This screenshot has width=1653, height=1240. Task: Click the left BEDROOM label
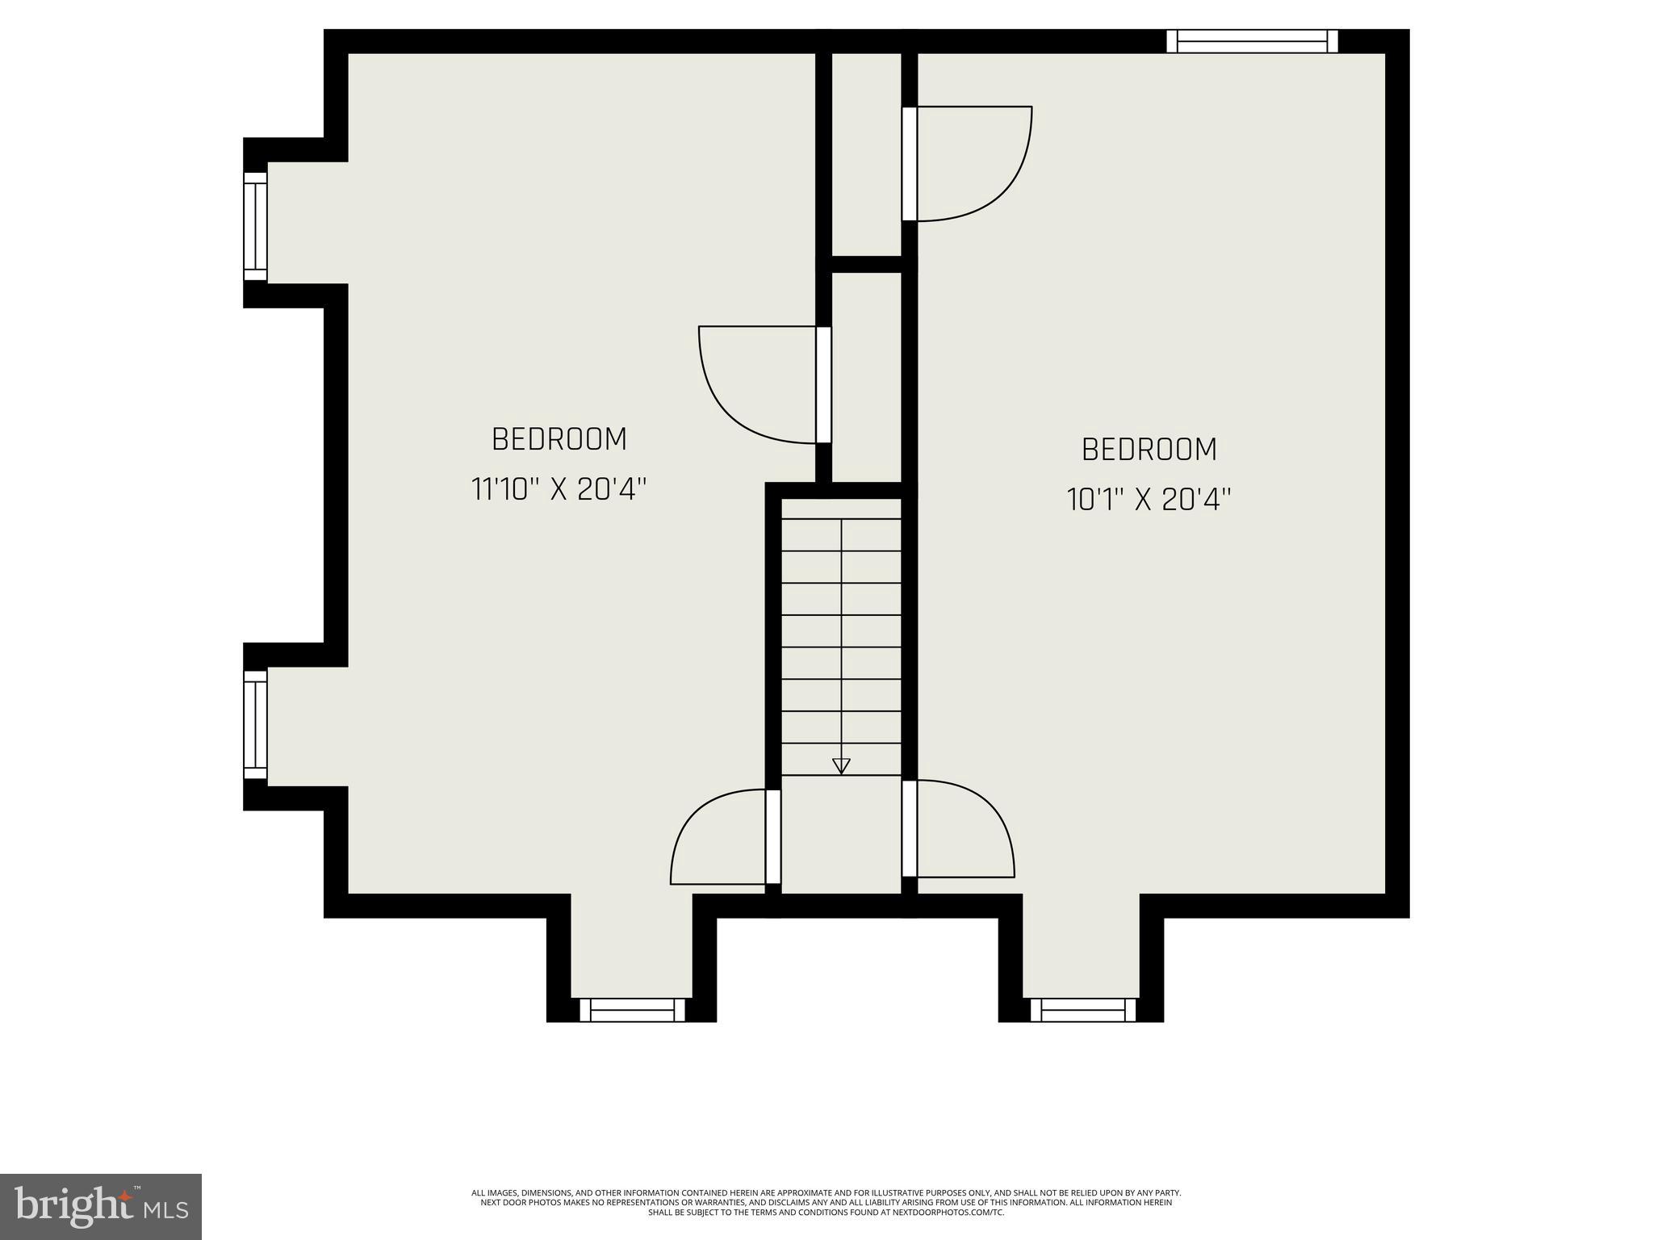click(559, 439)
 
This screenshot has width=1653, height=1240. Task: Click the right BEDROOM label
click(1149, 450)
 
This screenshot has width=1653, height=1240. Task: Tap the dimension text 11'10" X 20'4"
click(559, 489)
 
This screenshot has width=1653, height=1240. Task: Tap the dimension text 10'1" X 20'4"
click(1149, 500)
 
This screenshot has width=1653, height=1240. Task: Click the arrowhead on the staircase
click(841, 766)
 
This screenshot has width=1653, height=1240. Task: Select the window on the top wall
click(1252, 41)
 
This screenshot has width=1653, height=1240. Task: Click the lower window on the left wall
click(255, 725)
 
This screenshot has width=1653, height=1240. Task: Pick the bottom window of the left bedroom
click(632, 1010)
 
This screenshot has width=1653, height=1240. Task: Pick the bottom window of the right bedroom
click(1083, 1010)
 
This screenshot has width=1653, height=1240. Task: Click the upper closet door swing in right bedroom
click(969, 161)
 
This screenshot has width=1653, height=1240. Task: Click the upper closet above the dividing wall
click(866, 153)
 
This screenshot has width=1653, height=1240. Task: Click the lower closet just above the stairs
click(866, 375)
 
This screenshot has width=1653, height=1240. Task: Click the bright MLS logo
click(100, 1206)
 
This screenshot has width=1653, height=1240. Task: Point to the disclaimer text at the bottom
click(826, 1202)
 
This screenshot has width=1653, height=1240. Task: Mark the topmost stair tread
click(841, 509)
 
